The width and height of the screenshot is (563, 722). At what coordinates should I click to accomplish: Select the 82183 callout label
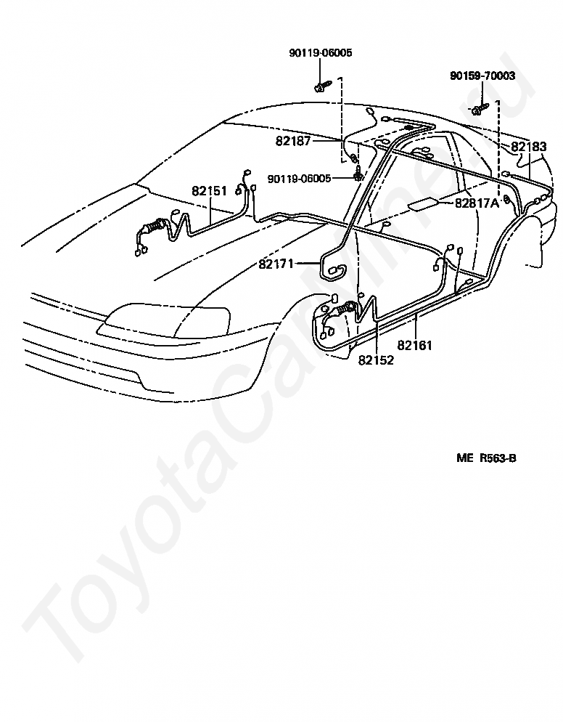529,147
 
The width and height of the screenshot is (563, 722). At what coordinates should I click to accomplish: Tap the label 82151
209,191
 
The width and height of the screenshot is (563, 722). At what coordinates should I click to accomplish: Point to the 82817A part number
477,203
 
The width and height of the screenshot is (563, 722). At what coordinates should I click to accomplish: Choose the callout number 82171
276,264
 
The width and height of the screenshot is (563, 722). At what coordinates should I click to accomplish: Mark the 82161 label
414,345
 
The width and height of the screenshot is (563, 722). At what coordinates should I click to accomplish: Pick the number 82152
376,360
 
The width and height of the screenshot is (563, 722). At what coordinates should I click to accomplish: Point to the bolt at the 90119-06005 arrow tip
358,177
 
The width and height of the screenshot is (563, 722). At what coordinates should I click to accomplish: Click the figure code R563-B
498,458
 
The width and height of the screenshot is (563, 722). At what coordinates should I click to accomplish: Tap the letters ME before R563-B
464,458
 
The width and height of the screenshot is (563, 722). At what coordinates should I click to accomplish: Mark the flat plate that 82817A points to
422,204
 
